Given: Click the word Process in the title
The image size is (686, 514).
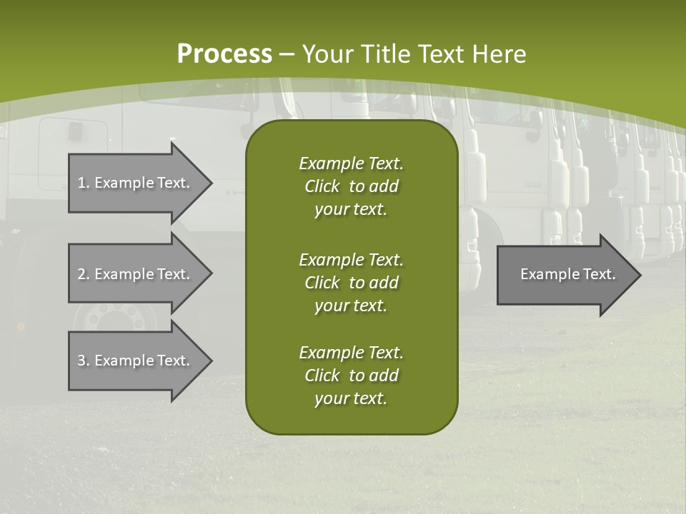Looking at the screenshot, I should click(x=224, y=54).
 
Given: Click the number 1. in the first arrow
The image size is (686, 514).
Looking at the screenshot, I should click(x=84, y=183).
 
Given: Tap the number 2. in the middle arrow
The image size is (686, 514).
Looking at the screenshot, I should click(x=84, y=274).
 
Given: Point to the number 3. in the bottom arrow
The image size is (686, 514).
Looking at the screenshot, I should click(x=84, y=361).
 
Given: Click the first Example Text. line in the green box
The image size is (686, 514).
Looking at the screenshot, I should click(x=351, y=163).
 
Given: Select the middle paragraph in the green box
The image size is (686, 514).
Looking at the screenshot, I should click(x=351, y=282).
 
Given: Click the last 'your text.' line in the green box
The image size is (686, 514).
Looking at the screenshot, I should click(x=351, y=399).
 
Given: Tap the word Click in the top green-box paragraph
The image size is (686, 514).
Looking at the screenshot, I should click(x=322, y=186).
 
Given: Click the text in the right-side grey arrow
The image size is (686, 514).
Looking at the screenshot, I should click(x=567, y=274).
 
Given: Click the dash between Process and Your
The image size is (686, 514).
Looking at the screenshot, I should click(x=287, y=54).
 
